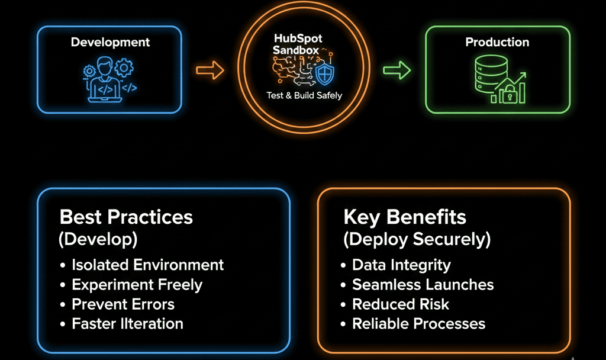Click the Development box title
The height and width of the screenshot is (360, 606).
click(110, 42)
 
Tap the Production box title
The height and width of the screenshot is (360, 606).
click(497, 42)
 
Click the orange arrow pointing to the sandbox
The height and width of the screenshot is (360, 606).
click(210, 71)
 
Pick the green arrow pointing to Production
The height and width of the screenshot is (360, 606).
click(397, 71)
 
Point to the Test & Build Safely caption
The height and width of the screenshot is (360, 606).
click(304, 95)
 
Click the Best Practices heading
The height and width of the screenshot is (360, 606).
click(126, 217)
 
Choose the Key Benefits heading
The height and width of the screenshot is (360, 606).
click(405, 217)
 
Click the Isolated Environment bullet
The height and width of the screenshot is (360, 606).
click(147, 265)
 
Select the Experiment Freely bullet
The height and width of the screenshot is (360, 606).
click(137, 284)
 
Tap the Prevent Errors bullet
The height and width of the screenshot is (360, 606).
click(123, 304)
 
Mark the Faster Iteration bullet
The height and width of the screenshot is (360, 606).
click(127, 324)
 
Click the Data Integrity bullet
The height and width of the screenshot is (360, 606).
click(401, 265)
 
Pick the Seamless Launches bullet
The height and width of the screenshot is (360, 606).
click(423, 284)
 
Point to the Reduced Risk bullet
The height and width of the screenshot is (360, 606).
click(401, 304)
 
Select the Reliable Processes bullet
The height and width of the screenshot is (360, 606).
click(418, 324)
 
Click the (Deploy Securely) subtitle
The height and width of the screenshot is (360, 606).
click(417, 239)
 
